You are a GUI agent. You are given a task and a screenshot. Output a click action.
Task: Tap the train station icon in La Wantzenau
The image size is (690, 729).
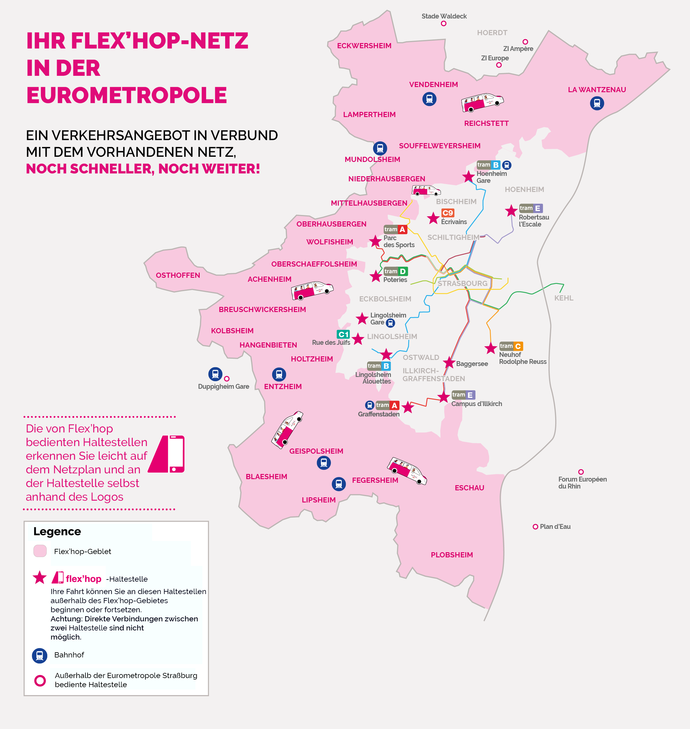point(597,103)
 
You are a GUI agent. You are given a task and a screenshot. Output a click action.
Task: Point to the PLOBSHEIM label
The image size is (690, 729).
point(452,555)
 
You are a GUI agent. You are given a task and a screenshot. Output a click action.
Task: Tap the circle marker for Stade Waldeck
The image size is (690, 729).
point(444,24)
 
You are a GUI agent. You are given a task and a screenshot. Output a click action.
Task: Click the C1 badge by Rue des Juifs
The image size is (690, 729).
point(343,334)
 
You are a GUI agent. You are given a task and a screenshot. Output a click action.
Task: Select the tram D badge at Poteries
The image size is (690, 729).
point(395,271)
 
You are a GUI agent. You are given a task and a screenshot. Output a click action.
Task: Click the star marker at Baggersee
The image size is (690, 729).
point(449,362)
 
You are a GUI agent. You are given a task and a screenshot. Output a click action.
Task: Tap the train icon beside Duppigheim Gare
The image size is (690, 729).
point(215,374)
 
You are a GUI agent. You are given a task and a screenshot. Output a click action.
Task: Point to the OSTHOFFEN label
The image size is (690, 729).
point(178,275)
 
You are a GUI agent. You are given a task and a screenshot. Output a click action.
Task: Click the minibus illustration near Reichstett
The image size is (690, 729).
point(482,102)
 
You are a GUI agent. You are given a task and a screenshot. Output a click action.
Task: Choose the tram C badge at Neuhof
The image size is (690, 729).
point(511,346)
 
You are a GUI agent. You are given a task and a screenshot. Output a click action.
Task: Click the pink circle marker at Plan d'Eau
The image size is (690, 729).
point(535,527)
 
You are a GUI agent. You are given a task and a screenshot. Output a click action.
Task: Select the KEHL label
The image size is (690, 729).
point(563,298)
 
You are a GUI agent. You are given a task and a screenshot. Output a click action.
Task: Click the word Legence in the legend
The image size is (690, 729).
point(57,531)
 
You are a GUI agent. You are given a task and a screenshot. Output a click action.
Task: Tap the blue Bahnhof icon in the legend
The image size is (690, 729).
point(40,655)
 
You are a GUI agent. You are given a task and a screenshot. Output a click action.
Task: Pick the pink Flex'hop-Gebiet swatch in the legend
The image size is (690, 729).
point(40,551)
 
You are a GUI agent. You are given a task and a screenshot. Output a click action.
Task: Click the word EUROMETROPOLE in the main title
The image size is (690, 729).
point(127,95)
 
